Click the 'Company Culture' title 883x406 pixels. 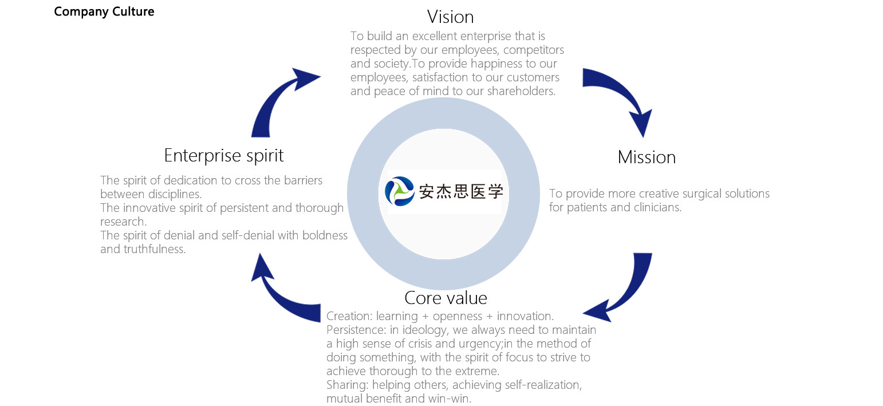point(104,11)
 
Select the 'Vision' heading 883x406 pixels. point(451,16)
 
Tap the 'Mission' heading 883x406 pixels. point(647,157)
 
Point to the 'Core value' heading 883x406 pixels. point(446,298)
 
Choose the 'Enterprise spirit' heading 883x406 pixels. point(224,156)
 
